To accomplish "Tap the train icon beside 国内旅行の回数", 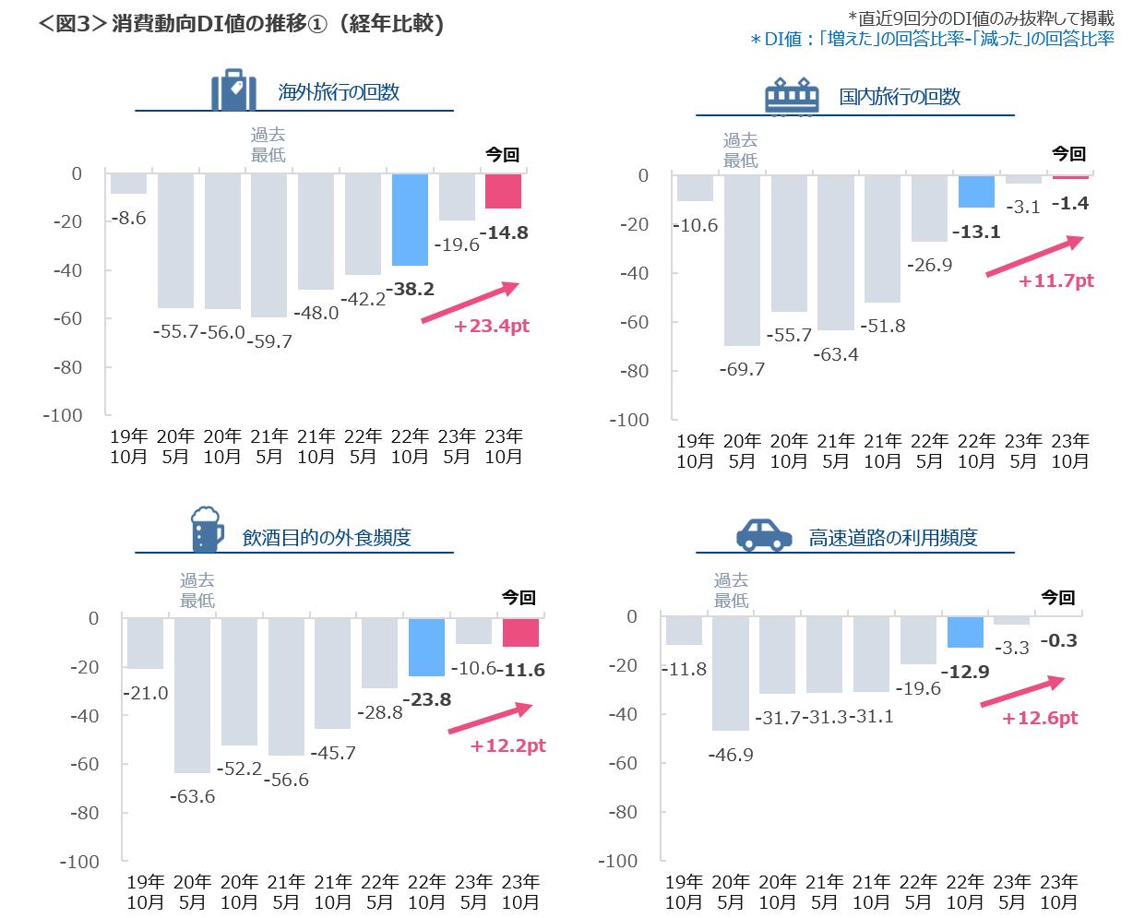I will click(x=793, y=96).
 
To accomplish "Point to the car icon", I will click(x=764, y=535).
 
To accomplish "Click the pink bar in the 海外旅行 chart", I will click(x=503, y=191).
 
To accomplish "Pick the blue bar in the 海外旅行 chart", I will click(x=410, y=220).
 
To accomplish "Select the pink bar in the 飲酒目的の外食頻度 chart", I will click(x=520, y=633).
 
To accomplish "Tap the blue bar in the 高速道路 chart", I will click(x=965, y=632).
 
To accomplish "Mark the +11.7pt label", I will click(x=1056, y=280).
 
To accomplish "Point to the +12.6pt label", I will click(x=1040, y=719).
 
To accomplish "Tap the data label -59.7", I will click(x=269, y=341).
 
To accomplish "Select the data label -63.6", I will click(x=192, y=795).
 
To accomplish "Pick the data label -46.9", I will click(x=730, y=755).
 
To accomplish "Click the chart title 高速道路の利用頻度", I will click(x=893, y=538).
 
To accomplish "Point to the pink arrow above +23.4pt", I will click(x=471, y=303).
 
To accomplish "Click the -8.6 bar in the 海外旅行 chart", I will click(x=128, y=184).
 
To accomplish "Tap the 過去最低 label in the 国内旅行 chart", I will click(x=740, y=149).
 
